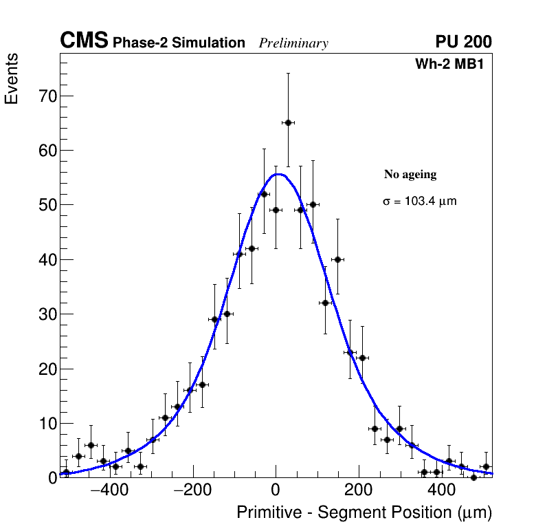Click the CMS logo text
84,41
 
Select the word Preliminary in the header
293,44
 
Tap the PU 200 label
463,42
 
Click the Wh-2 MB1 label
454,65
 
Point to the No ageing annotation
410,175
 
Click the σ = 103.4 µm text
419,202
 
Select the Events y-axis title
12,79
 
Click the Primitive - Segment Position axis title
364,513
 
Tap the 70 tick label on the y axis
47,96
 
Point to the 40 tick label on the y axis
47,260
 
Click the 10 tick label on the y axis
47,424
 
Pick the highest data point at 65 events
288,122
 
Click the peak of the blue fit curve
277,174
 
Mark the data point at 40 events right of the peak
337,259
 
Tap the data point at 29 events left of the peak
214,319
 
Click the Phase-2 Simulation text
179,43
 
